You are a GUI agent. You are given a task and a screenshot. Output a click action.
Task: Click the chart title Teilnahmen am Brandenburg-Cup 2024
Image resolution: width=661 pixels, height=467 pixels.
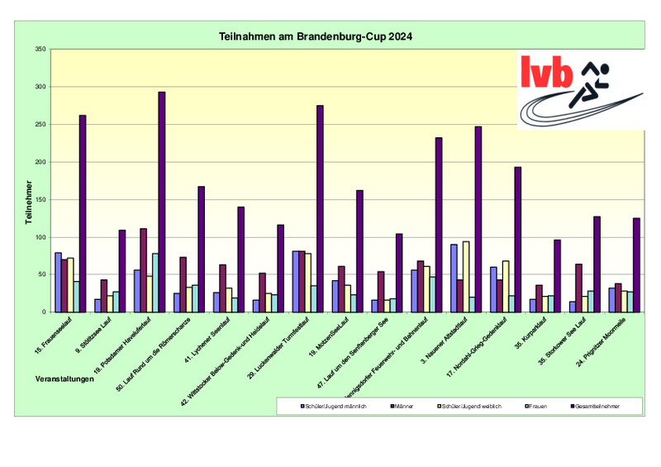pos(316,37)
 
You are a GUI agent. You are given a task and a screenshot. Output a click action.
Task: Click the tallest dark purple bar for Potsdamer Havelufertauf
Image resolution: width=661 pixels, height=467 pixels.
pos(162,202)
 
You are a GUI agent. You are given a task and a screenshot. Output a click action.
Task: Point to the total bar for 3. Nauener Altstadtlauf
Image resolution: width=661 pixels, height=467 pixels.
pos(478,219)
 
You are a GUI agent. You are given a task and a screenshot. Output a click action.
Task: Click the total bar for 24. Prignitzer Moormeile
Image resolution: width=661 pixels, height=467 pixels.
pos(636,264)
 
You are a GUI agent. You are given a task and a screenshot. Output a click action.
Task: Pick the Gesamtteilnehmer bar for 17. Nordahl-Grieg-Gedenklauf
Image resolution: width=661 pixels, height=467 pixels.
pos(518,240)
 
